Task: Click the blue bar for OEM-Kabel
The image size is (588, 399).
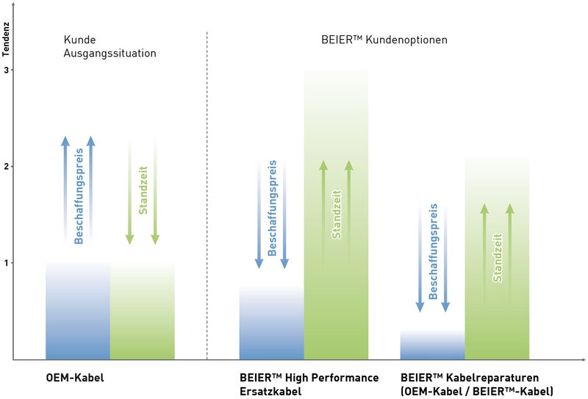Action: pos(78,311)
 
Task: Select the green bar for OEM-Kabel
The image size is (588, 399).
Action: pos(143,311)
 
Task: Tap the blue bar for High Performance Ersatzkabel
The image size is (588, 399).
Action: pos(271,323)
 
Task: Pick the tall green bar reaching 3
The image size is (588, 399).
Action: pos(336,215)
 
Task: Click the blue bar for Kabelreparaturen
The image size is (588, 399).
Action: pos(432,345)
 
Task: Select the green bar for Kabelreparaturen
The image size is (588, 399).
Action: pos(497,258)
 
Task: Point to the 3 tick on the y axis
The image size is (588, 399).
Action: pos(6,70)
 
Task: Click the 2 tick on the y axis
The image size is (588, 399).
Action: pos(6,167)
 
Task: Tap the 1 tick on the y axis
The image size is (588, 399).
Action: pos(6,263)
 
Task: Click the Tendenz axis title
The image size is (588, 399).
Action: pos(6,40)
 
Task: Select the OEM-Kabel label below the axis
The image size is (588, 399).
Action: pos(75,377)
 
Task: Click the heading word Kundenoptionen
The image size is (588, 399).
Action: pos(406,40)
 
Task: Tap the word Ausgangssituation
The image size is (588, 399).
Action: pos(110,53)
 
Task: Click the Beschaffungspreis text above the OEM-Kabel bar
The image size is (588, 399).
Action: pos(79,196)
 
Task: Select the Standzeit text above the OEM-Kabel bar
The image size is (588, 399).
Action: pos(143,190)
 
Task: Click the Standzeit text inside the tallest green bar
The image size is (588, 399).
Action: pos(337,215)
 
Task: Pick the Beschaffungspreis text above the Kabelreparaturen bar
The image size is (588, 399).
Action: pos(433,251)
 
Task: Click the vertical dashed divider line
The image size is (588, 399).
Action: pos(207,195)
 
